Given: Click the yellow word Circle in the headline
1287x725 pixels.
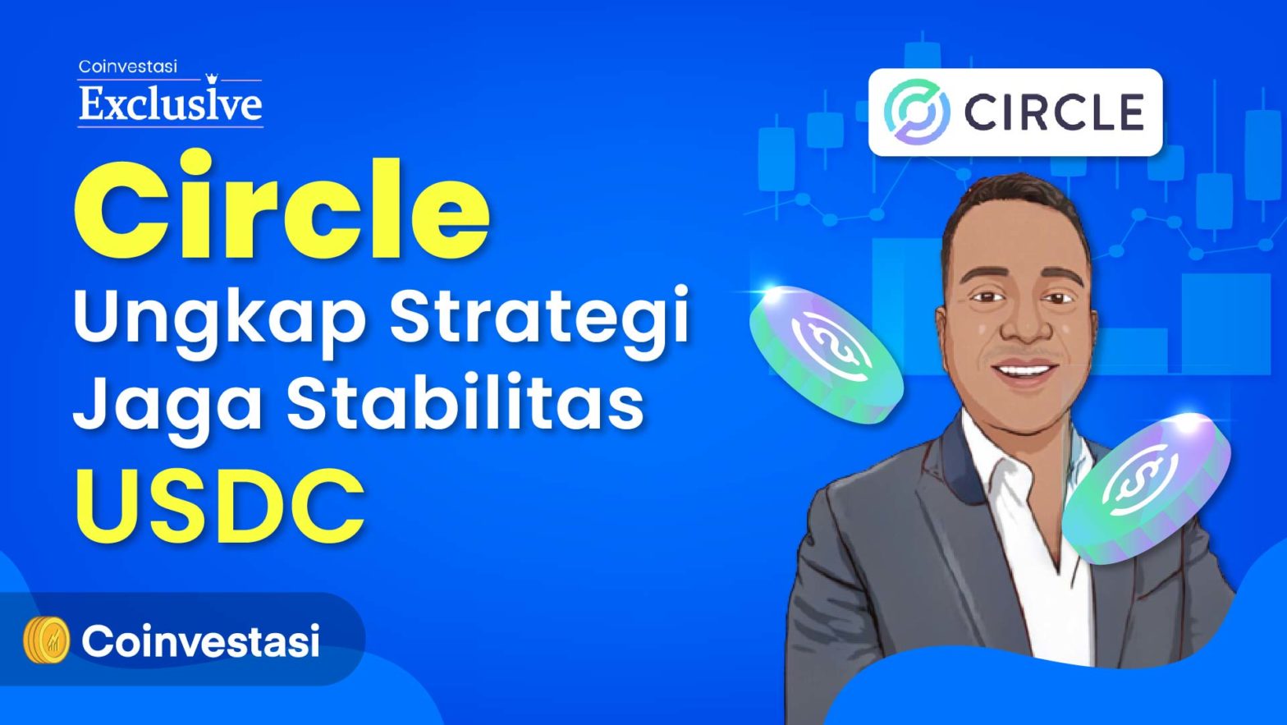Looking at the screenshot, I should [282, 207].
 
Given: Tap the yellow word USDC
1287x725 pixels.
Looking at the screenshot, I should [220, 505].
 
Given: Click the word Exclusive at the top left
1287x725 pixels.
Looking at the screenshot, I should [171, 105].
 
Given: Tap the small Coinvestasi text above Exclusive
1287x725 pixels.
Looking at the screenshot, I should [127, 67].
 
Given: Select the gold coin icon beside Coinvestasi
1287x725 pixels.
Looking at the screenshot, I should [46, 640].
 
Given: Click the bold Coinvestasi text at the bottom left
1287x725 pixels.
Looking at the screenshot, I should [199, 640].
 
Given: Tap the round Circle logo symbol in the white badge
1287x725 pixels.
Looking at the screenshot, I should [917, 112].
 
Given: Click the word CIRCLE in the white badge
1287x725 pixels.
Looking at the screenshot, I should [1054, 112].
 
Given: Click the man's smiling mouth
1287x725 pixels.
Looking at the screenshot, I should [1023, 371].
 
